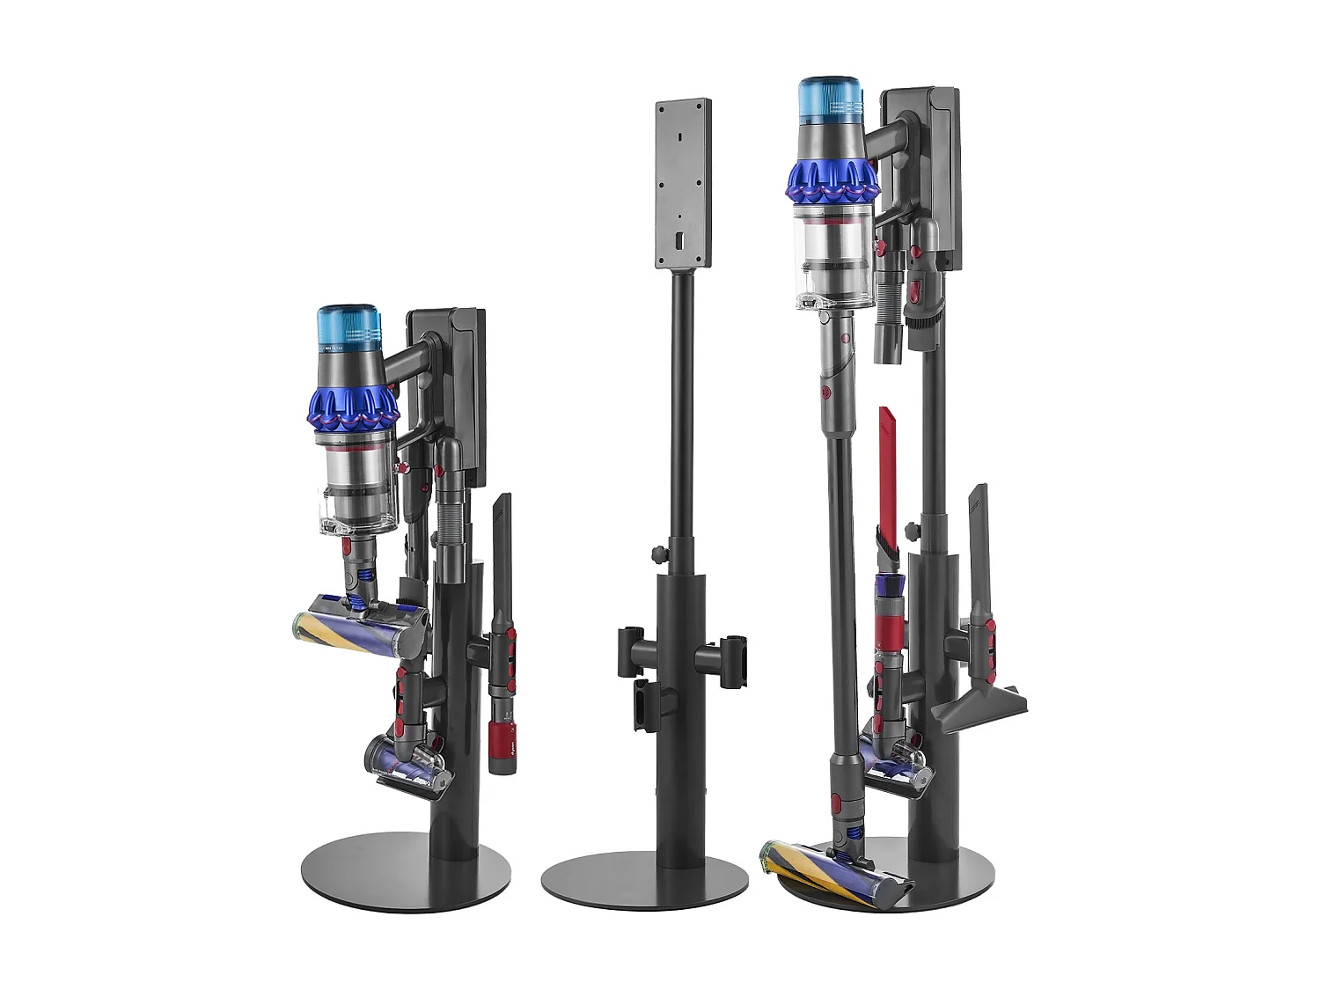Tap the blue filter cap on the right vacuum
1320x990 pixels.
click(x=830, y=99)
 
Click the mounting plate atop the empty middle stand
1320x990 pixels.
click(x=683, y=183)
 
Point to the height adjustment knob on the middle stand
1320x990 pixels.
click(x=656, y=555)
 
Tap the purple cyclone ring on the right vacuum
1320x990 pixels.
click(x=832, y=180)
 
